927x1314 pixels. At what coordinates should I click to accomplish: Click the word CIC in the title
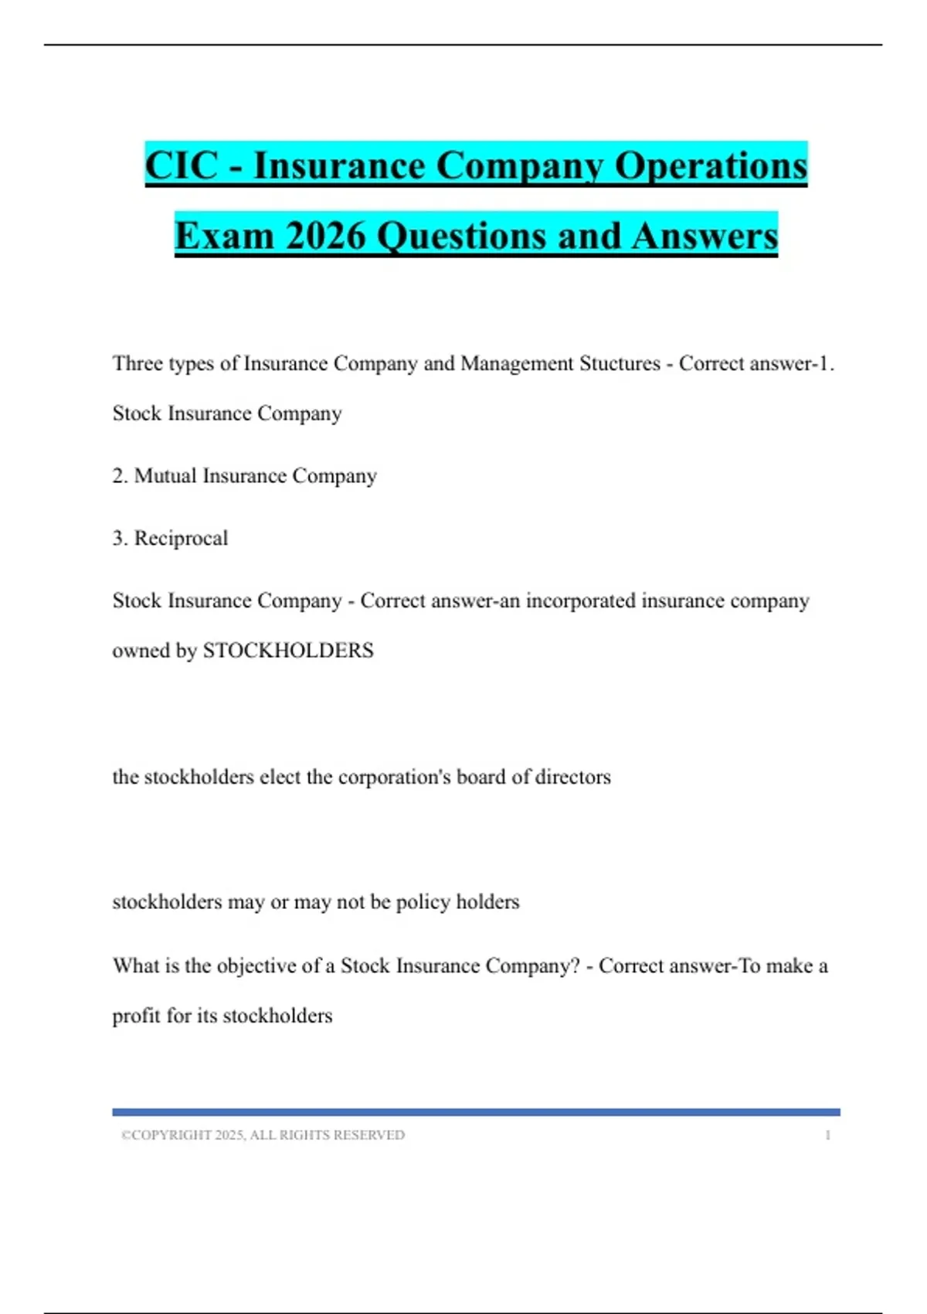point(182,165)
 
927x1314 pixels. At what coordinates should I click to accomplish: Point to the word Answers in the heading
point(704,236)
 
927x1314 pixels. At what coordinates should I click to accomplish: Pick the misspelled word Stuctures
point(624,363)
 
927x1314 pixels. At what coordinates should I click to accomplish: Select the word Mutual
point(165,475)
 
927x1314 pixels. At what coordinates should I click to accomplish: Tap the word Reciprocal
point(181,538)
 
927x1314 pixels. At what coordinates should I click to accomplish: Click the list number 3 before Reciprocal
point(118,538)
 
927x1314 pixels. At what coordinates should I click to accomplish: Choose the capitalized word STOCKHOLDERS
point(288,651)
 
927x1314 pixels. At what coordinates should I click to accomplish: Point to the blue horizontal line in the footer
point(476,1112)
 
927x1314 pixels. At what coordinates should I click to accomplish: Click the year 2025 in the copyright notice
point(229,1135)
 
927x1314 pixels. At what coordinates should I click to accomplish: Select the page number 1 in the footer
point(827,1135)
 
